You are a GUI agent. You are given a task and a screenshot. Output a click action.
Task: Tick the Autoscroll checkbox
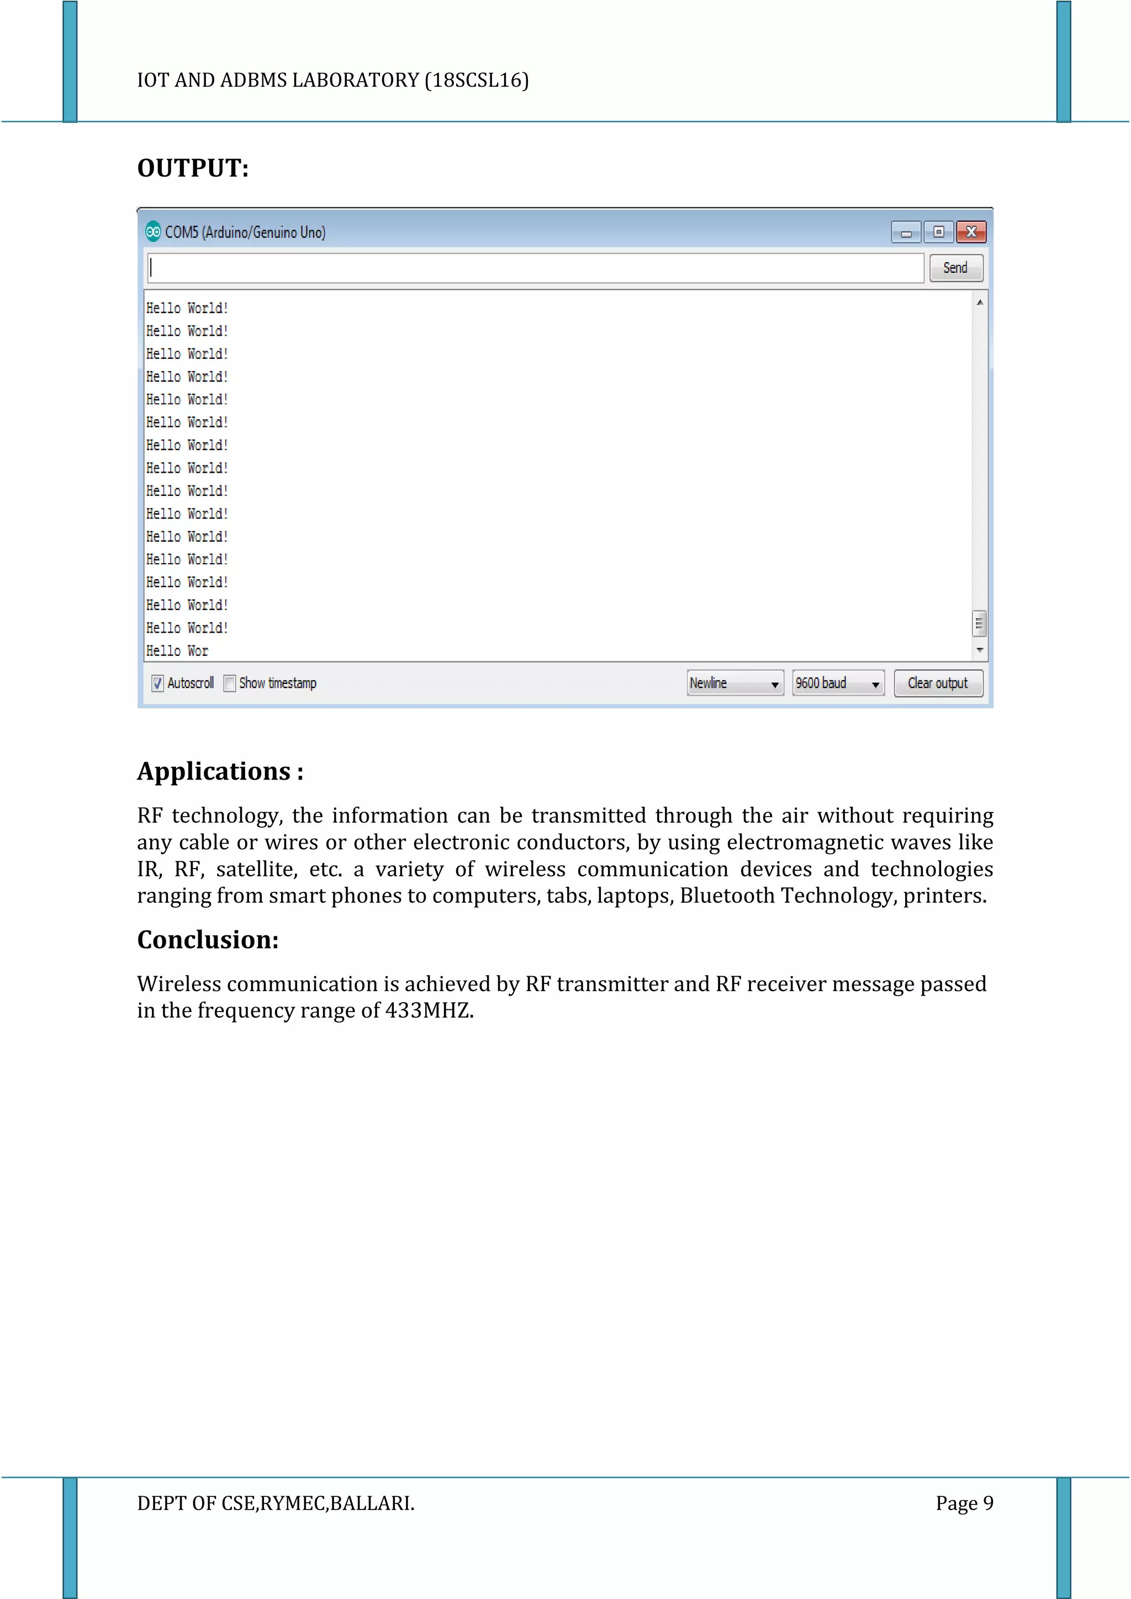pyautogui.click(x=158, y=683)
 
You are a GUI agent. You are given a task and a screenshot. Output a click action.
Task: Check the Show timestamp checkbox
pyautogui.click(x=230, y=683)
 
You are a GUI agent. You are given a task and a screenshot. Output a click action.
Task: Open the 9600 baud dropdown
pyautogui.click(x=838, y=683)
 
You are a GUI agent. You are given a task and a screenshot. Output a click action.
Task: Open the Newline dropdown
pyautogui.click(x=734, y=683)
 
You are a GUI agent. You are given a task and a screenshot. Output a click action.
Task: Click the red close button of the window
pyautogui.click(x=971, y=232)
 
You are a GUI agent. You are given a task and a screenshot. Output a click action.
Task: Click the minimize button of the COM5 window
pyautogui.click(x=906, y=232)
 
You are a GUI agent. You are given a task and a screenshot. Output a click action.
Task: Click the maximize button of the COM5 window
pyautogui.click(x=939, y=232)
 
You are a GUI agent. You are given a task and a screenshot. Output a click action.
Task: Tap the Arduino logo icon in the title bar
pyautogui.click(x=153, y=231)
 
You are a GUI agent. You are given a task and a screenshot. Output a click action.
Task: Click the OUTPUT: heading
pyautogui.click(x=193, y=168)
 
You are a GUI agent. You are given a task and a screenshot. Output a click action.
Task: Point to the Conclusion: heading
pyautogui.click(x=208, y=940)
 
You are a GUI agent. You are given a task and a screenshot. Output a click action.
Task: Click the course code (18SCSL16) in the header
pyautogui.click(x=477, y=81)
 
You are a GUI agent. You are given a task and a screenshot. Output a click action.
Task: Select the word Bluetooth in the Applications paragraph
pyautogui.click(x=727, y=896)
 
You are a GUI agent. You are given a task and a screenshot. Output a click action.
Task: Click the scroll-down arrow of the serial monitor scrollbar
pyautogui.click(x=980, y=650)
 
